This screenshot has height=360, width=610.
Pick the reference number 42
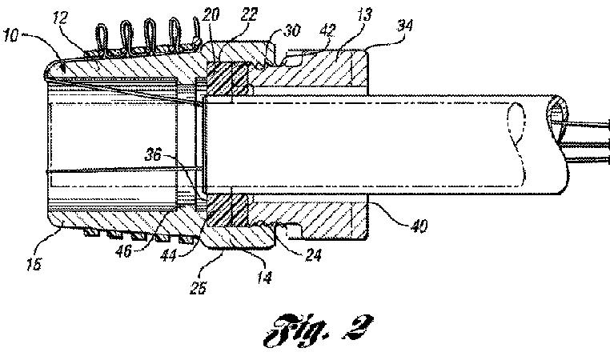coord(328,30)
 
